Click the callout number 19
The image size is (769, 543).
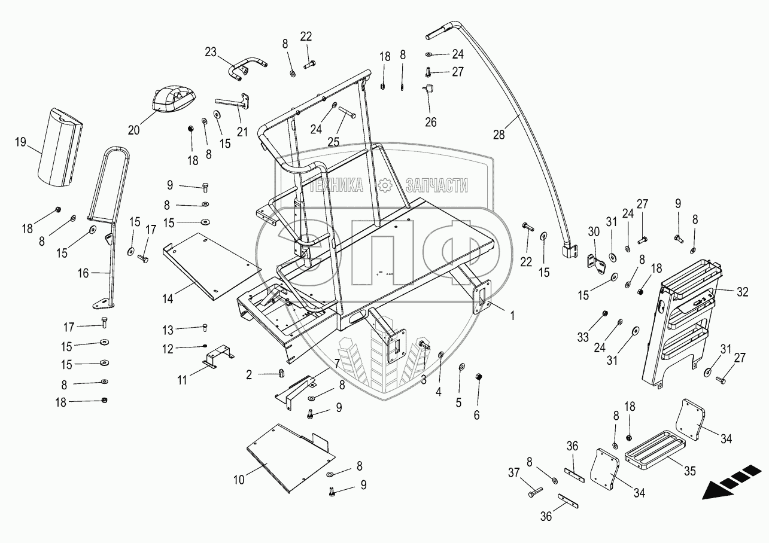(x=21, y=142)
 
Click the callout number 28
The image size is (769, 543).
(x=499, y=135)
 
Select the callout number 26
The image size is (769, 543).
(x=430, y=122)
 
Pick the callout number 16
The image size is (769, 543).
(x=83, y=273)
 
